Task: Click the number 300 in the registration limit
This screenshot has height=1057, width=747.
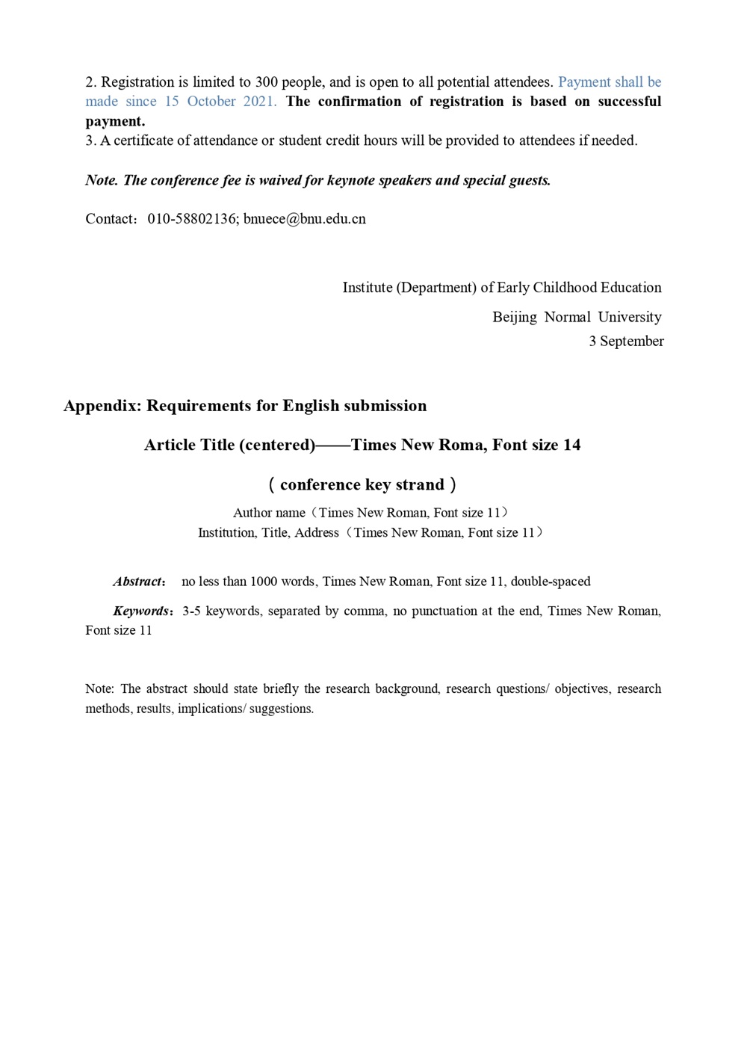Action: point(266,82)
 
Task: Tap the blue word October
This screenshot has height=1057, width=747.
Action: point(211,102)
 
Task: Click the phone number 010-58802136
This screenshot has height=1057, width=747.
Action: point(192,219)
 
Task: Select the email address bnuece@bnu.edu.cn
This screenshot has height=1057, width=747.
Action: point(305,219)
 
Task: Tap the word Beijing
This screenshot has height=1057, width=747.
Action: point(514,317)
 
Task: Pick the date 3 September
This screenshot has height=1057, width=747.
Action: point(626,342)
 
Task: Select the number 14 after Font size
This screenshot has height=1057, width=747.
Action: point(571,446)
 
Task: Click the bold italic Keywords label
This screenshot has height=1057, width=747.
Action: point(140,611)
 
